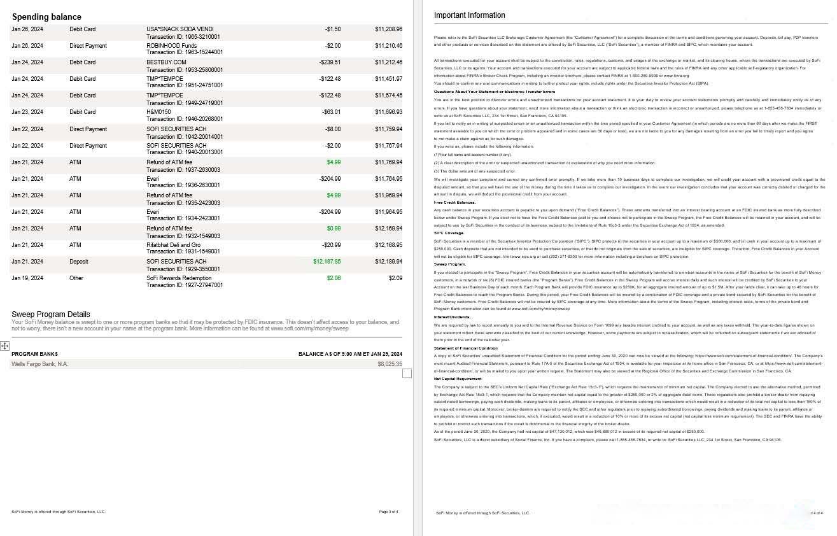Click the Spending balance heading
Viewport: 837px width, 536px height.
[46, 17]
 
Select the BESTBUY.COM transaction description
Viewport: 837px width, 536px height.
[166, 62]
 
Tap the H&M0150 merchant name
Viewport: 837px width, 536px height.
[158, 112]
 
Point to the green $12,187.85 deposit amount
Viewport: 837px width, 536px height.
[327, 262]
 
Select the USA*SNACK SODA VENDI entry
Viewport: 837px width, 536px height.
[180, 29]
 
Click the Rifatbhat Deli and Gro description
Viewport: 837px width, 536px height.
[173, 245]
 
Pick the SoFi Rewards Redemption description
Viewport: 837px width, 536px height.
[179, 278]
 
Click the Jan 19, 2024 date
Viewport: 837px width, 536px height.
[27, 278]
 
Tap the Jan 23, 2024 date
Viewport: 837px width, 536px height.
[27, 112]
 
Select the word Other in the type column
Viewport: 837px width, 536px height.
[76, 278]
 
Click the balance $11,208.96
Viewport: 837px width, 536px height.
[388, 29]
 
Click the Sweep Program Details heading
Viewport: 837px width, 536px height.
[51, 314]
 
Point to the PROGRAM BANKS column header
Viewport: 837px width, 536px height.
[34, 354]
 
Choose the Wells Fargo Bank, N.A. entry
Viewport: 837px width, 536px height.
[39, 364]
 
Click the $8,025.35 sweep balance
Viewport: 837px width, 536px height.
[390, 364]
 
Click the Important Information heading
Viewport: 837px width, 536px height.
[469, 15]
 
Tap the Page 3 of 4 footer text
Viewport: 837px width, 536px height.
[388, 512]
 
